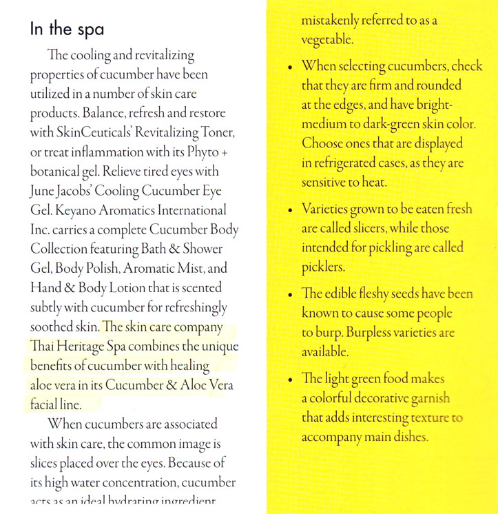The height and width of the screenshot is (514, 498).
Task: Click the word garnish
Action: pyautogui.click(x=426, y=398)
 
